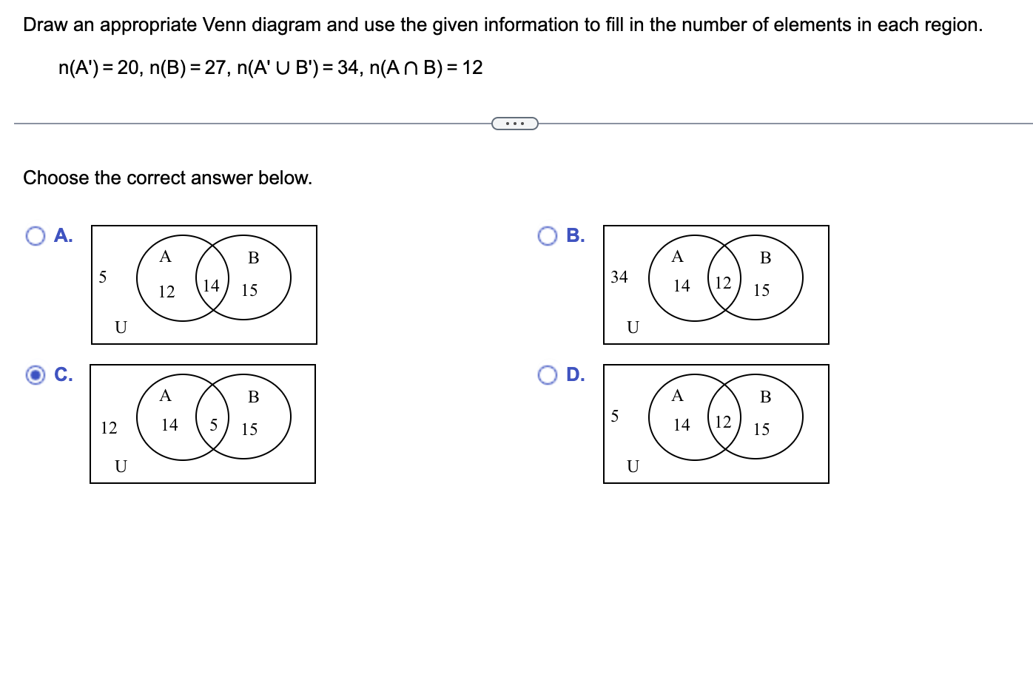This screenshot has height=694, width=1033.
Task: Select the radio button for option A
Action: (36, 236)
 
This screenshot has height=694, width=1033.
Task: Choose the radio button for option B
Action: (548, 236)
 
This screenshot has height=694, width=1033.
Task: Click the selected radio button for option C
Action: (36, 375)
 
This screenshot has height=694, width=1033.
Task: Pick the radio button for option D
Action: (548, 375)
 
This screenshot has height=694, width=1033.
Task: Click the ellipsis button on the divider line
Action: (515, 124)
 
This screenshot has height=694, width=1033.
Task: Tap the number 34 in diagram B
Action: (619, 277)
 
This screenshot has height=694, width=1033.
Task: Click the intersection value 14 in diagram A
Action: (211, 285)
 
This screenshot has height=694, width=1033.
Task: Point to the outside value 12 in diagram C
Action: (109, 428)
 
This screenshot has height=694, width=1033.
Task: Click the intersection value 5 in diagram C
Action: (214, 425)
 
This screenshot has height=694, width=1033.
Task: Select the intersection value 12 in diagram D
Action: (723, 422)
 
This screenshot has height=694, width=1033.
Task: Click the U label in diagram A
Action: (121, 327)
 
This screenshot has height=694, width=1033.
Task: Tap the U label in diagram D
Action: (633, 466)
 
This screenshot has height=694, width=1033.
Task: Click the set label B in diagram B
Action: (766, 257)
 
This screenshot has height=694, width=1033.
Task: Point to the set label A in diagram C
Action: (166, 396)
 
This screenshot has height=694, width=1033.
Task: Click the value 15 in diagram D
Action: (761, 429)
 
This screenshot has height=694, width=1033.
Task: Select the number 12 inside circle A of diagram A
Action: (166, 292)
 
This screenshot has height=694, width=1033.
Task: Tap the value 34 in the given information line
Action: (348, 68)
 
